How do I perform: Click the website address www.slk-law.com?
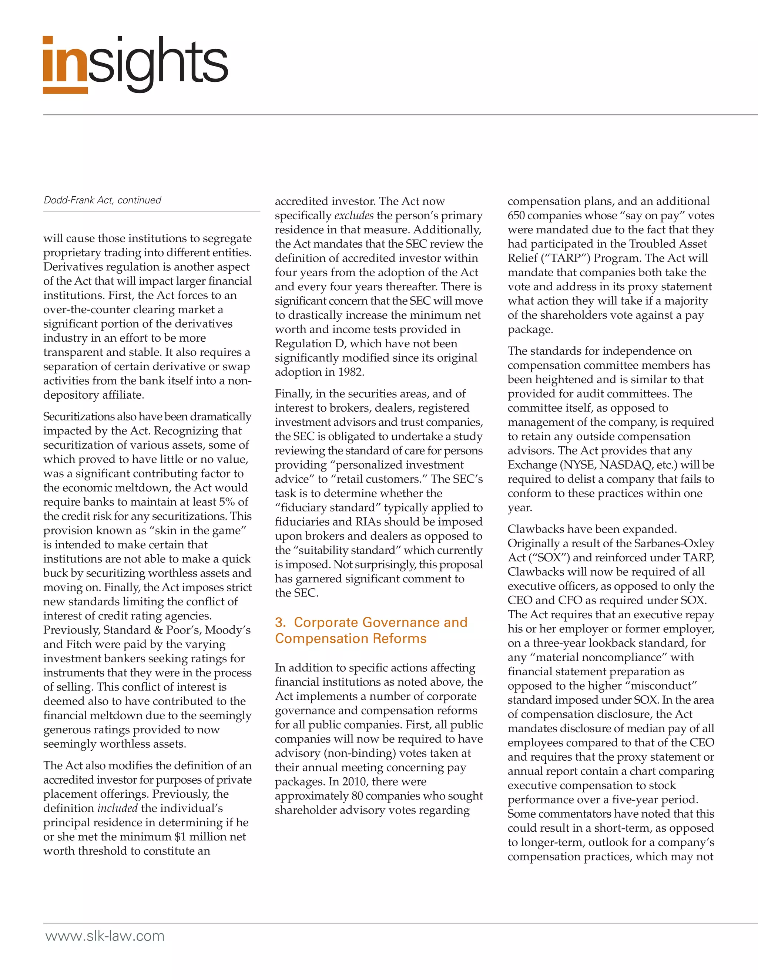[x=105, y=936]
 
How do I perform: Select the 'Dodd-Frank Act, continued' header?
[x=103, y=200]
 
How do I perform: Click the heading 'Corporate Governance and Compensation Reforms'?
[x=371, y=630]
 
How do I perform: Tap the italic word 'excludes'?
[x=354, y=215]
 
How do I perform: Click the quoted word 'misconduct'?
[x=661, y=686]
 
